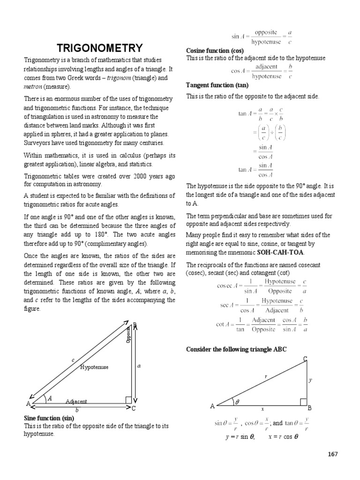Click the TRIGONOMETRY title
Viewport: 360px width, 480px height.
99,48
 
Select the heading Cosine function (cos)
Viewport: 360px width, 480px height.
214,51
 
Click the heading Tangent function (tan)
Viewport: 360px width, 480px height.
217,85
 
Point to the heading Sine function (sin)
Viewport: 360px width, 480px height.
48,417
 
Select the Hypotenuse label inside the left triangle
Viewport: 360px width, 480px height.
94,367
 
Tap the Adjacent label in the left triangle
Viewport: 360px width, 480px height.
76,402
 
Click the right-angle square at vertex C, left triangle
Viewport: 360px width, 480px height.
128,399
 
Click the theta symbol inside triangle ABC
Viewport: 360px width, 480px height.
237,402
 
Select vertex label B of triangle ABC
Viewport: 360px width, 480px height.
309,408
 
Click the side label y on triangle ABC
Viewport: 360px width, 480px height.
310,380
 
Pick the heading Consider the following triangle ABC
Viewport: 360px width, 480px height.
236,350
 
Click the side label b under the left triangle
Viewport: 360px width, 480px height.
77,410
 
